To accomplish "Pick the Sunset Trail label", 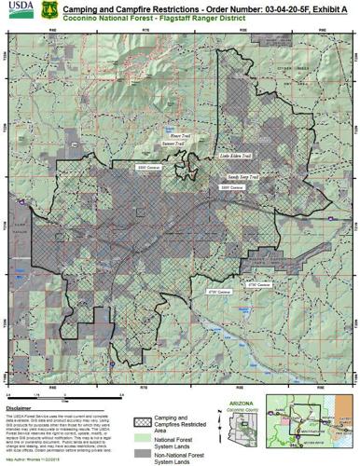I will click(174, 144).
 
